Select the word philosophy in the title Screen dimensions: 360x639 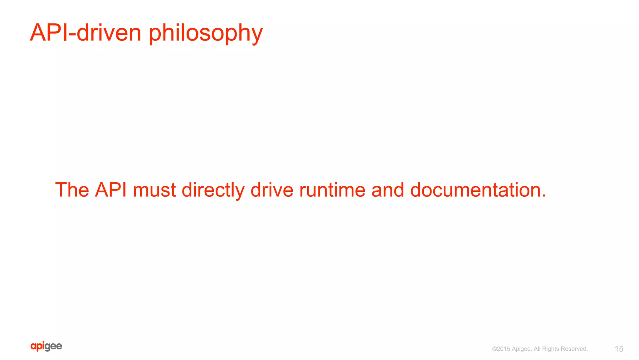206,34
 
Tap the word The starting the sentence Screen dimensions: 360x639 72,190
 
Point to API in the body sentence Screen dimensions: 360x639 111,190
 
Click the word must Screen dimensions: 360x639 154,190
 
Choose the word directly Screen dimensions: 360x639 213,190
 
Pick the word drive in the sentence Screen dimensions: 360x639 272,190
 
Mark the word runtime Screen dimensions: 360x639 332,190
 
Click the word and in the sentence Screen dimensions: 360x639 388,190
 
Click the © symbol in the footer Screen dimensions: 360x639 495,349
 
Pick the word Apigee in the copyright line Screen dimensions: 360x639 522,349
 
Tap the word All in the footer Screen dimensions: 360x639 537,349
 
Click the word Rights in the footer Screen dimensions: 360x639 551,349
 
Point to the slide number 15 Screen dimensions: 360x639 619,349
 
